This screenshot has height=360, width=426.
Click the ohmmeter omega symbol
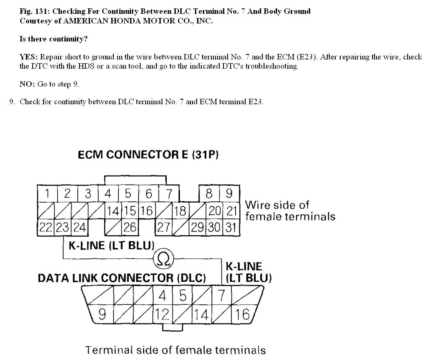pos(164,260)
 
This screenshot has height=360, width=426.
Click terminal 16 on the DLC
pos(242,314)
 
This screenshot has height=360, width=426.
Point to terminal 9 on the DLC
pos(102,314)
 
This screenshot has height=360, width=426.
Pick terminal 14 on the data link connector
pos(202,314)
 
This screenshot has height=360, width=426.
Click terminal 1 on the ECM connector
pos(47,194)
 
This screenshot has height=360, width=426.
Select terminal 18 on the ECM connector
pos(180,211)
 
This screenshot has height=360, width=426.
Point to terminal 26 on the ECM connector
pos(129,227)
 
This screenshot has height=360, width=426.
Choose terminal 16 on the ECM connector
pos(147,211)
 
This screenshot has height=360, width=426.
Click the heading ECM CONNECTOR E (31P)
pos(148,155)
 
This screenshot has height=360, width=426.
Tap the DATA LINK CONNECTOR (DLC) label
pos(122,278)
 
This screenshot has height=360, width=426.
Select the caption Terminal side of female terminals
pos(175,350)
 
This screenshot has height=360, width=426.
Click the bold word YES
pos(28,57)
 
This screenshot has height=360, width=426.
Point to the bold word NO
pos(27,84)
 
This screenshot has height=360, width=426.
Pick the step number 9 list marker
pos(12,102)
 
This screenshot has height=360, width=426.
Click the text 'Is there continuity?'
pos(54,39)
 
